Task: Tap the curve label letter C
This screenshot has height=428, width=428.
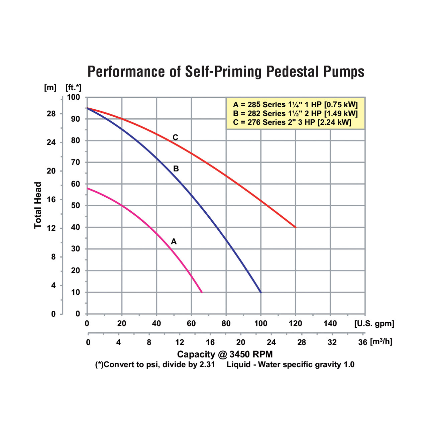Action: pyautogui.click(x=175, y=137)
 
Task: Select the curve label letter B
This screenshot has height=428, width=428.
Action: pyautogui.click(x=176, y=169)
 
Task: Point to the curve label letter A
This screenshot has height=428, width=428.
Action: pyautogui.click(x=174, y=241)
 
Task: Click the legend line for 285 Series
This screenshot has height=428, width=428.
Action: pyautogui.click(x=295, y=105)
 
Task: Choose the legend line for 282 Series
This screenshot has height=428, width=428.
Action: pyautogui.click(x=295, y=114)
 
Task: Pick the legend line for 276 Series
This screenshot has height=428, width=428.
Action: pyautogui.click(x=292, y=122)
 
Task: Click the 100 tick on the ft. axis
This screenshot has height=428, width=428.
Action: pyautogui.click(x=74, y=97)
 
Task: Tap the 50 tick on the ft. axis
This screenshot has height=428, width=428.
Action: pyautogui.click(x=76, y=206)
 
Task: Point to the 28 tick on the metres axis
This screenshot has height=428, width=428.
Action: pyautogui.click(x=51, y=114)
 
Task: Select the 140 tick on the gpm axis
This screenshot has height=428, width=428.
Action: pyautogui.click(x=330, y=324)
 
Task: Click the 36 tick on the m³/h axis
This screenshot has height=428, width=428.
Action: pyautogui.click(x=363, y=342)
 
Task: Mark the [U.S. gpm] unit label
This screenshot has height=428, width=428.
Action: pyautogui.click(x=374, y=324)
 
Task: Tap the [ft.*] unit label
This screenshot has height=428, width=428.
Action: pyautogui.click(x=74, y=88)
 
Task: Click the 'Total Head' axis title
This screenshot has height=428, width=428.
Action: pyautogui.click(x=38, y=205)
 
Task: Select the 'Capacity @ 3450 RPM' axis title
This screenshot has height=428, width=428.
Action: pyautogui.click(x=225, y=354)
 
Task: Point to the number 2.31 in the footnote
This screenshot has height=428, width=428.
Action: pyautogui.click(x=207, y=364)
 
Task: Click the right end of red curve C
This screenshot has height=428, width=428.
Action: pyautogui.click(x=296, y=227)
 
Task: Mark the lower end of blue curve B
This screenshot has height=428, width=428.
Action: pyautogui.click(x=261, y=292)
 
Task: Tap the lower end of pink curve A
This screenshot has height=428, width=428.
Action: pyautogui.click(x=202, y=292)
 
